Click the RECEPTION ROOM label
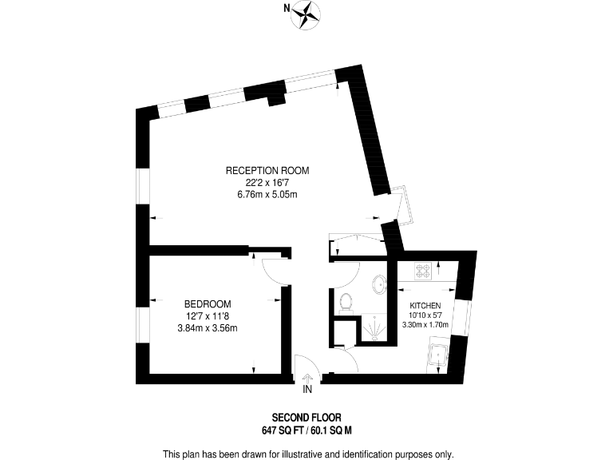[x=267, y=170]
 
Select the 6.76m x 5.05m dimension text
[x=267, y=194]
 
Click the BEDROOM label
[x=208, y=303]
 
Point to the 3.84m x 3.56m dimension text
[x=208, y=327]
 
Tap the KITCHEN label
[x=425, y=306]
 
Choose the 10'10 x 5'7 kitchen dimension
[x=425, y=315]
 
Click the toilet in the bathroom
[x=346, y=301]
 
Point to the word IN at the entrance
[x=307, y=390]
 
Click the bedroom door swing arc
[x=276, y=272]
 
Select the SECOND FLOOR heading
[x=306, y=417]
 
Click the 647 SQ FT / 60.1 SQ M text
[x=306, y=430]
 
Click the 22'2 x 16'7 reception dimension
[x=267, y=182]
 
